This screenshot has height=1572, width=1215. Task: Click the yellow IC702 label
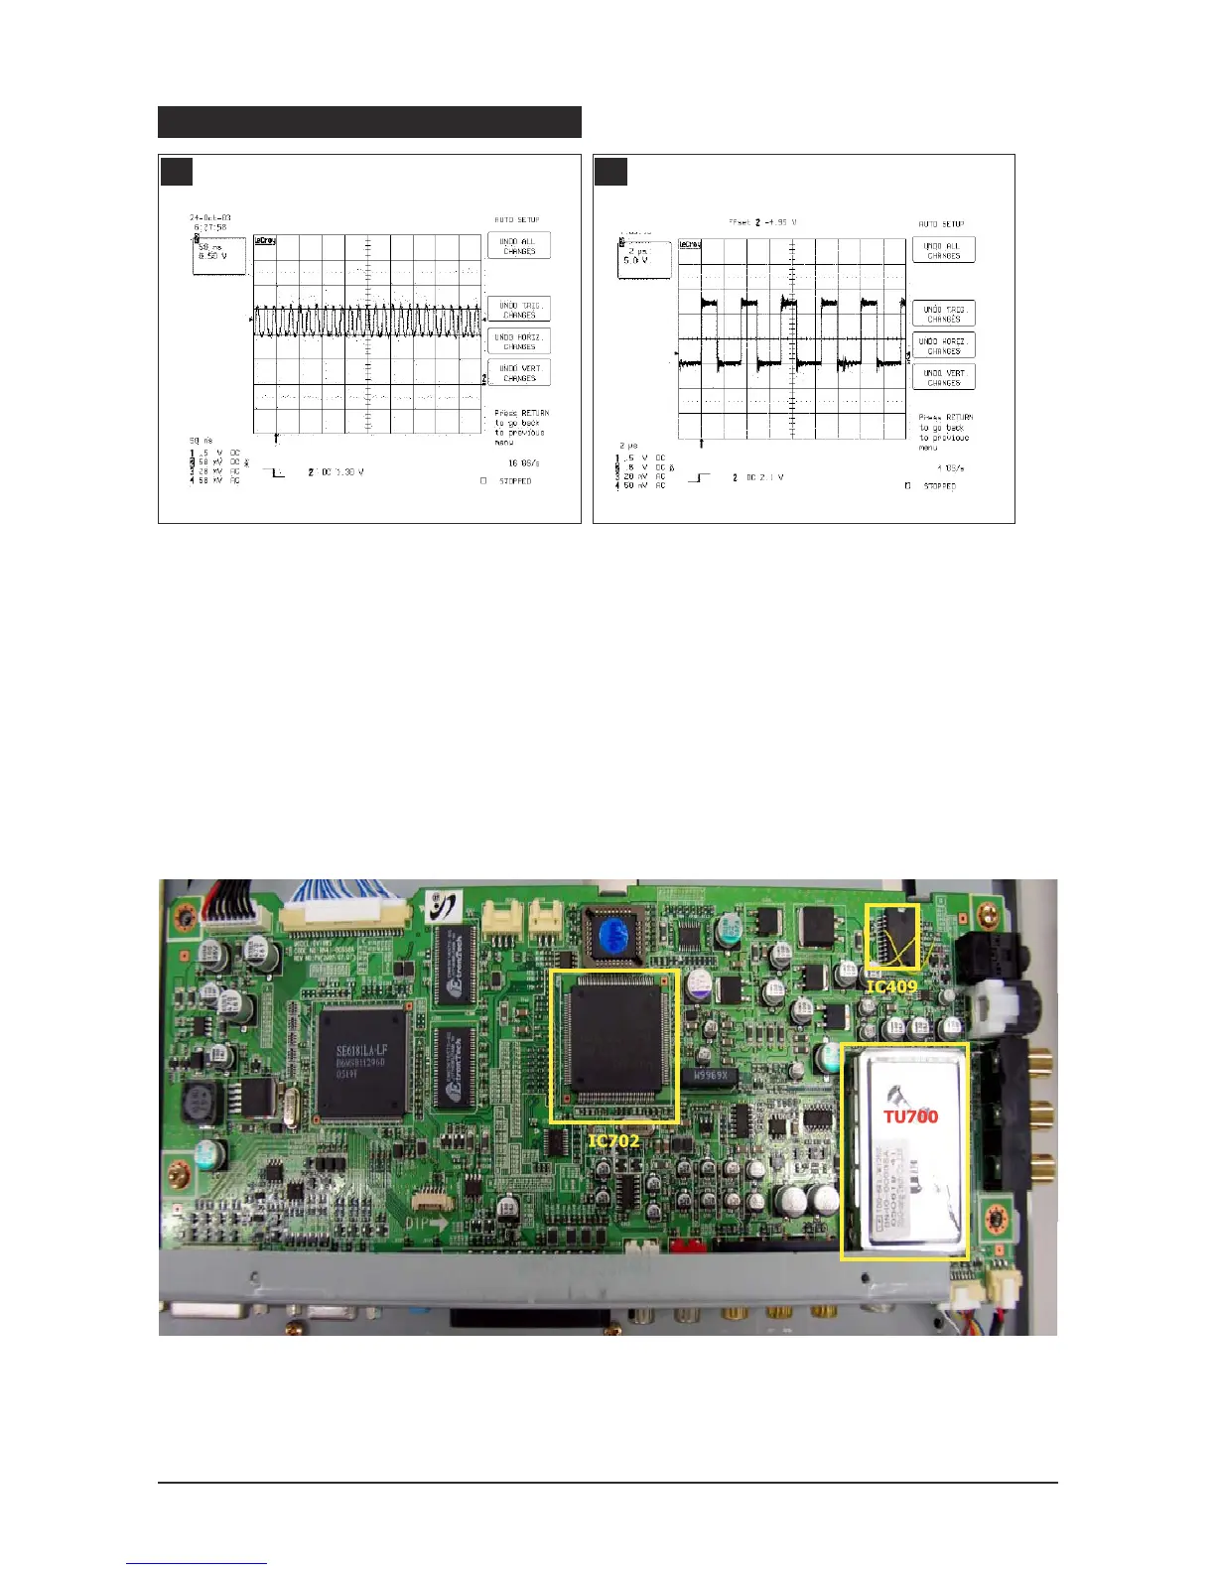pyautogui.click(x=613, y=1141)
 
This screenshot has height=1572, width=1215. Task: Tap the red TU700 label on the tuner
pyautogui.click(x=910, y=1115)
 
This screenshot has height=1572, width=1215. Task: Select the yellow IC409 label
pyautogui.click(x=891, y=986)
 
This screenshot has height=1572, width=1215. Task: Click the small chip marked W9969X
pyautogui.click(x=709, y=1077)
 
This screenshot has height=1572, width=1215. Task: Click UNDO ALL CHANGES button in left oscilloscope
pyautogui.click(x=518, y=246)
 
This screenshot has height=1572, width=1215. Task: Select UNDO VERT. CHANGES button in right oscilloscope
pyautogui.click(x=943, y=377)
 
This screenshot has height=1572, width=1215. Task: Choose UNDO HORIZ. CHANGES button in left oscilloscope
pyautogui.click(x=518, y=341)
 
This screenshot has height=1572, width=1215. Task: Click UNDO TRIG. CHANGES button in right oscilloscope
pyautogui.click(x=943, y=314)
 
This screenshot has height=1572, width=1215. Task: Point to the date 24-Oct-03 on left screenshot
pyautogui.click(x=209, y=217)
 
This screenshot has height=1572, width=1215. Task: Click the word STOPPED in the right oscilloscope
pyautogui.click(x=939, y=486)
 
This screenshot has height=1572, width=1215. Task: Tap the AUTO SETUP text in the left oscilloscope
pyautogui.click(x=516, y=220)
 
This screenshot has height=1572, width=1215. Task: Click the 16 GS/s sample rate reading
pyautogui.click(x=522, y=462)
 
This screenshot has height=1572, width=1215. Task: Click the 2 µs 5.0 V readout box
pyautogui.click(x=643, y=260)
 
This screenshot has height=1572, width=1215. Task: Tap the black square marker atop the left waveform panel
pyautogui.click(x=176, y=171)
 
